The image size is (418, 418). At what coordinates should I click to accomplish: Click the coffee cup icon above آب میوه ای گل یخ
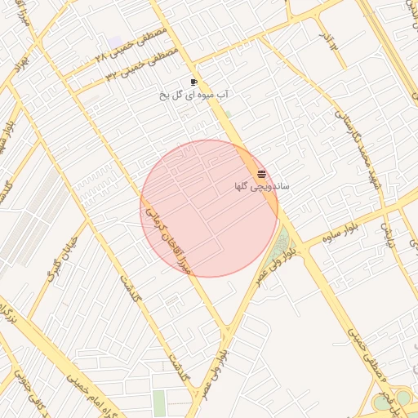[193, 82]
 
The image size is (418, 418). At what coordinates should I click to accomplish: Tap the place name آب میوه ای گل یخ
[193, 95]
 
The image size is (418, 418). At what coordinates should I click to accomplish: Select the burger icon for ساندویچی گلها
[261, 174]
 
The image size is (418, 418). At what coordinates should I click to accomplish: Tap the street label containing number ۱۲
[329, 41]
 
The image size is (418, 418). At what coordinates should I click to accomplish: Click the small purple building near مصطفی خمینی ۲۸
[115, 42]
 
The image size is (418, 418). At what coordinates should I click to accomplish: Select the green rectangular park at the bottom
[158, 403]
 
